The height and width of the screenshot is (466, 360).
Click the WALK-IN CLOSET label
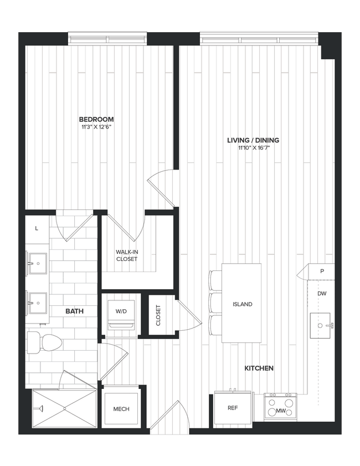click(127, 255)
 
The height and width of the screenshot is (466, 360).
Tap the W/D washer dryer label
click(121, 311)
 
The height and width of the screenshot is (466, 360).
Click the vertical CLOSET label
click(158, 315)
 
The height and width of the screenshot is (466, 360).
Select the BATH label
click(74, 311)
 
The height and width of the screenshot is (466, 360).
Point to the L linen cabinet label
click(37, 228)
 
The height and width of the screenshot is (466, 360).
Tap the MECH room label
click(121, 409)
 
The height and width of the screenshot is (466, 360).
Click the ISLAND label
click(242, 304)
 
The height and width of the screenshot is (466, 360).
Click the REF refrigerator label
click(233, 408)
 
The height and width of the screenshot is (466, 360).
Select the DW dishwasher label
click(322, 294)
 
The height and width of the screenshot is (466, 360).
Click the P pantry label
click(322, 272)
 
